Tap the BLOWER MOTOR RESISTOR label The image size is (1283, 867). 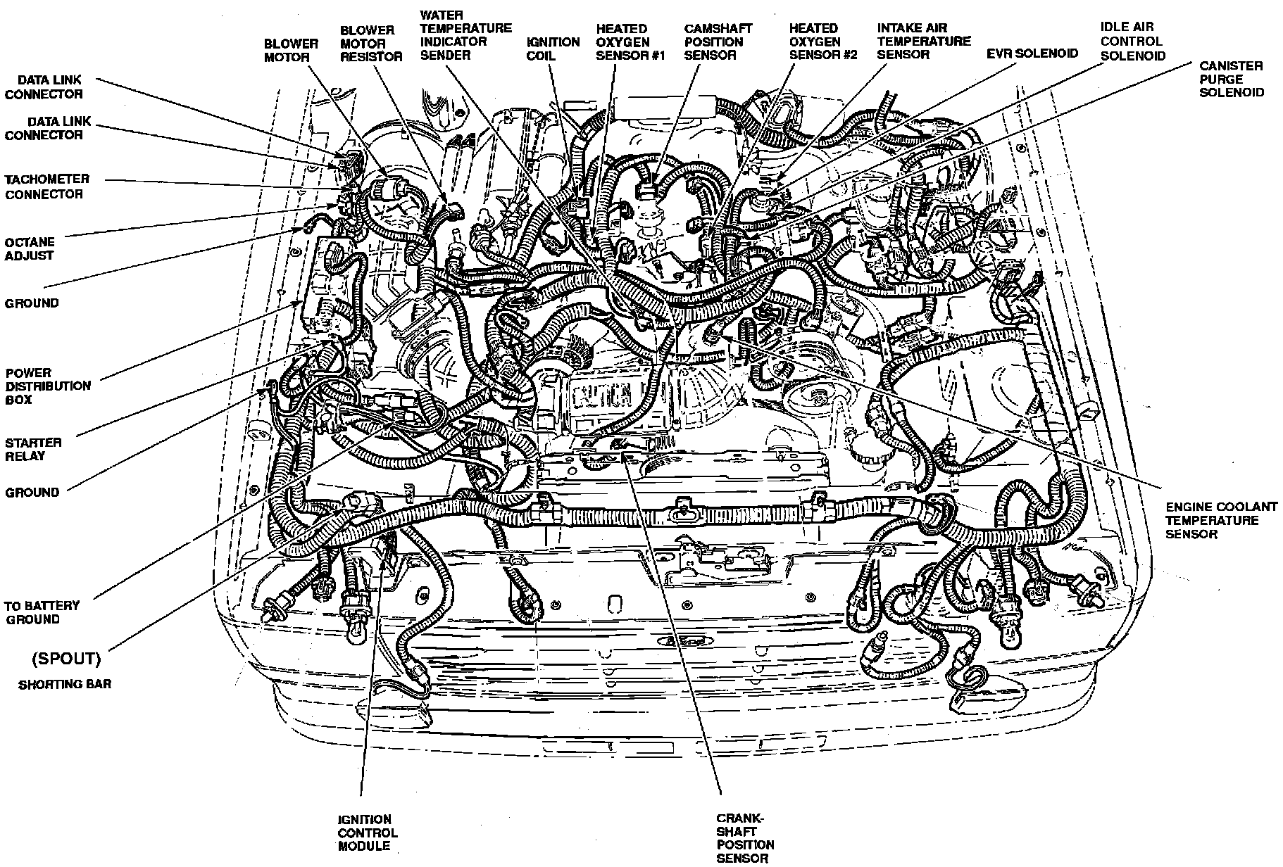(371, 43)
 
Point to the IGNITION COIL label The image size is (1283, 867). (552, 49)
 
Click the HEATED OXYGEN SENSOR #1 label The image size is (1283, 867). (630, 42)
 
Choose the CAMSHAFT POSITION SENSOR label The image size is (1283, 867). (718, 42)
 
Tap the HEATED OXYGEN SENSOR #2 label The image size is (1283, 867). (822, 42)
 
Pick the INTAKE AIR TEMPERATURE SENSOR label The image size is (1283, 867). (923, 41)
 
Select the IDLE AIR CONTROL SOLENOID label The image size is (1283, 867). (1132, 41)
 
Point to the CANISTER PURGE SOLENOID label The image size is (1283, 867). (1231, 79)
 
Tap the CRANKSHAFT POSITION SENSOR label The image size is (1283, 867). (745, 837)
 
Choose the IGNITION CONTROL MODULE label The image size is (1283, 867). (366, 833)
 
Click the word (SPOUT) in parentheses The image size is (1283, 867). (66, 659)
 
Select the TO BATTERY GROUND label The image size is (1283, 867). (42, 612)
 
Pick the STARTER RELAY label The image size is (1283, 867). (33, 449)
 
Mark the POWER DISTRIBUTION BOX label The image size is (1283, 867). (48, 386)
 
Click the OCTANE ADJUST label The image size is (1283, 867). (30, 248)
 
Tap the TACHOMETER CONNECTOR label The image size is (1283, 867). (47, 186)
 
